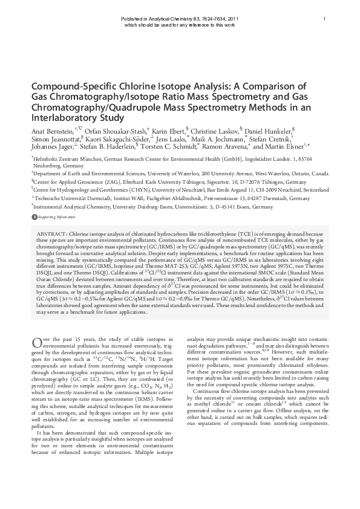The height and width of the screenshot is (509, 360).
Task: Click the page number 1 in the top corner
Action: click(324, 19)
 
